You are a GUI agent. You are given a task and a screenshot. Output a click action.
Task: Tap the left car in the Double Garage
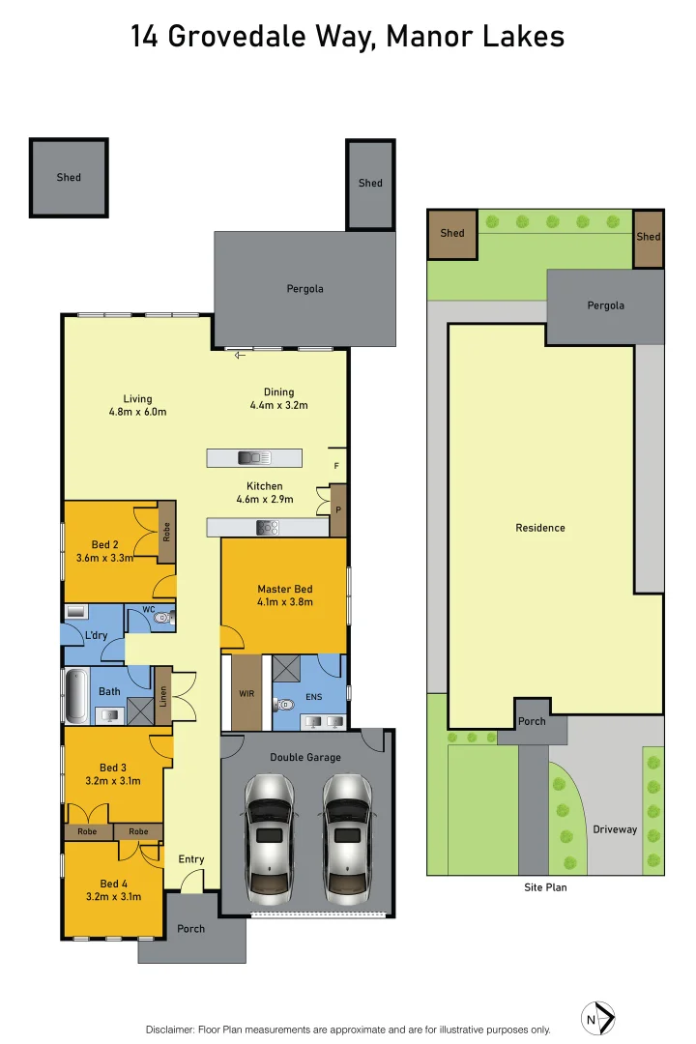pos(268,834)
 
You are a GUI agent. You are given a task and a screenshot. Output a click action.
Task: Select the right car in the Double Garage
pos(347,834)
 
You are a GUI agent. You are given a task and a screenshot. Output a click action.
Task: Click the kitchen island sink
pos(253,457)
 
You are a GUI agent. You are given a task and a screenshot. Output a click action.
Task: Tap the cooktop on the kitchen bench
pos(267,528)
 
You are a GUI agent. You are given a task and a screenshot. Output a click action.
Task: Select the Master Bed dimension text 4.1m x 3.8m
pos(284,602)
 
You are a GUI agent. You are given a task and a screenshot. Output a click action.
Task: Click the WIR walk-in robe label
pos(246,694)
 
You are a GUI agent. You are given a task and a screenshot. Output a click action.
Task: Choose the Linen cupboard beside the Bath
pos(163,696)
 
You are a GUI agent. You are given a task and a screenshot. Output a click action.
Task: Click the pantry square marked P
pos(338,509)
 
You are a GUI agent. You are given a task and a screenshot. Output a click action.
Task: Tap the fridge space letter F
pos(335,466)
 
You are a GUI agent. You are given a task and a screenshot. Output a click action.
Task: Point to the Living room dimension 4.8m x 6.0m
pos(137,412)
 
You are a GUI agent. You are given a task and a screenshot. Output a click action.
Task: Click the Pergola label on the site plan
pos(606,305)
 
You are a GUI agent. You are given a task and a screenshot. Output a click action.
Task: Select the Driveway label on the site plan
pos(615,829)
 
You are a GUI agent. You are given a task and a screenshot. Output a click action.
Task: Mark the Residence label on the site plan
pos(540,528)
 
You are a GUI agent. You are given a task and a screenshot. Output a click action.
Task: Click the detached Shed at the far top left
pos(69,178)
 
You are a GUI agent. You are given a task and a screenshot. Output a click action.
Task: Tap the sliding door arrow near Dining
pos(240,355)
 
